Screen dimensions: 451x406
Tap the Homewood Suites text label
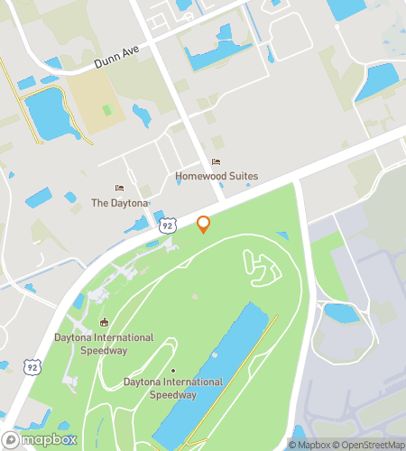point(217,177)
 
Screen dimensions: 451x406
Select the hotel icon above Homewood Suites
point(216,162)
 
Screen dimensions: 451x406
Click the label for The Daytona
point(119,203)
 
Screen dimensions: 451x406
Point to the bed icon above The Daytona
point(119,189)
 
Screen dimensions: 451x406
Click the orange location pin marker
point(204,224)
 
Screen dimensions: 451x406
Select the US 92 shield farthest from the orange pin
point(32,366)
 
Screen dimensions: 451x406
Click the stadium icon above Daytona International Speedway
point(105,323)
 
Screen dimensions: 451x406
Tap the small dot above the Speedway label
point(172,370)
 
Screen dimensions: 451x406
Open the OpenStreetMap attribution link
point(370,444)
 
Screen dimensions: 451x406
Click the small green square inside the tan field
point(107,110)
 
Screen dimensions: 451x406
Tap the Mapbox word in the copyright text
point(311,444)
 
